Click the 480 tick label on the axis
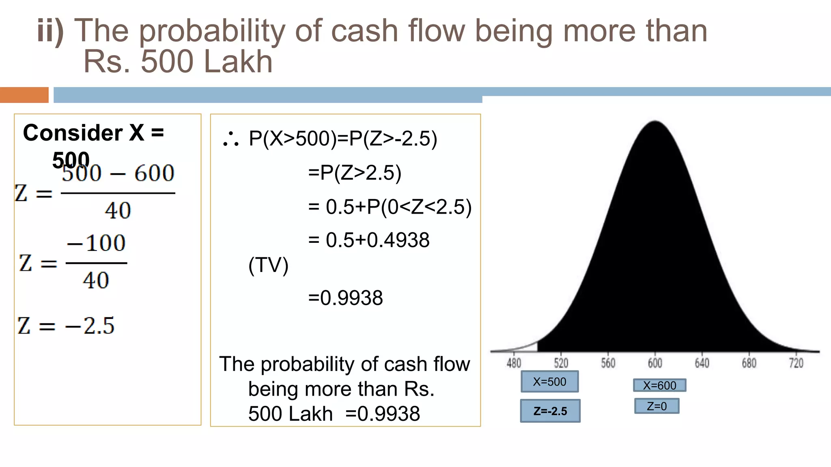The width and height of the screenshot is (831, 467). point(514,363)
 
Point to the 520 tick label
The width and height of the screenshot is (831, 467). point(561,363)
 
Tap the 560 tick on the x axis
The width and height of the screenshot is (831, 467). point(608,363)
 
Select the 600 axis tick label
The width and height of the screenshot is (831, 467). point(655,363)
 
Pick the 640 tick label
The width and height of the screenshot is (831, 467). point(702,363)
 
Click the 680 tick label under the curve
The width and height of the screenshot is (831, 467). point(749,363)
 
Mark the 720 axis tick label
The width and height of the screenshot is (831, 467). point(796,363)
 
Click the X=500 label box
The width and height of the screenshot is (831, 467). point(549,381)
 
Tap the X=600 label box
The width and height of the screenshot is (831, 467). point(659,385)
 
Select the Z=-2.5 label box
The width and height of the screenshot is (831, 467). point(550,411)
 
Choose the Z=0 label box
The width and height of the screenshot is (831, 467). point(657,406)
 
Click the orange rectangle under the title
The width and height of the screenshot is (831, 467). point(24,95)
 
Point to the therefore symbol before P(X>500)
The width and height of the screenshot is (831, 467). point(230,139)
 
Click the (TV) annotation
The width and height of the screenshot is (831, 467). point(268,266)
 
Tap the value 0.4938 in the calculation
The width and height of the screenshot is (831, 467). point(398,240)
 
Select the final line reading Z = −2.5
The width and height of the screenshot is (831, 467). point(66,326)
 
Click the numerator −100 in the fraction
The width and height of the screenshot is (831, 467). point(96,243)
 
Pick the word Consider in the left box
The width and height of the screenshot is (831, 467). point(73,133)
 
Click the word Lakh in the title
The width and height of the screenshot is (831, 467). point(238,62)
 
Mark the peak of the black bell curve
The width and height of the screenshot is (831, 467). point(655,122)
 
